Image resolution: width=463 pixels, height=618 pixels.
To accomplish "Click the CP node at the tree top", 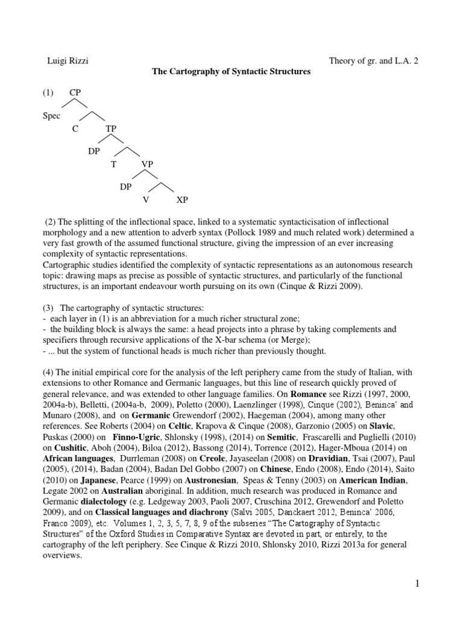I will (x=75, y=93).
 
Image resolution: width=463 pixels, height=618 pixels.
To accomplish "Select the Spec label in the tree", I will (x=51, y=115).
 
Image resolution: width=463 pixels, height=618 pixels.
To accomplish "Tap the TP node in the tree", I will (x=111, y=128).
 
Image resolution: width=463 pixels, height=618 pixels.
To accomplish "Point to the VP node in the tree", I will (x=148, y=164).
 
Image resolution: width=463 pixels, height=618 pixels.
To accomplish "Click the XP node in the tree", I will (x=182, y=199).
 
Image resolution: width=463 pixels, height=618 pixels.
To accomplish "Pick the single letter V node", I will (x=145, y=199).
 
